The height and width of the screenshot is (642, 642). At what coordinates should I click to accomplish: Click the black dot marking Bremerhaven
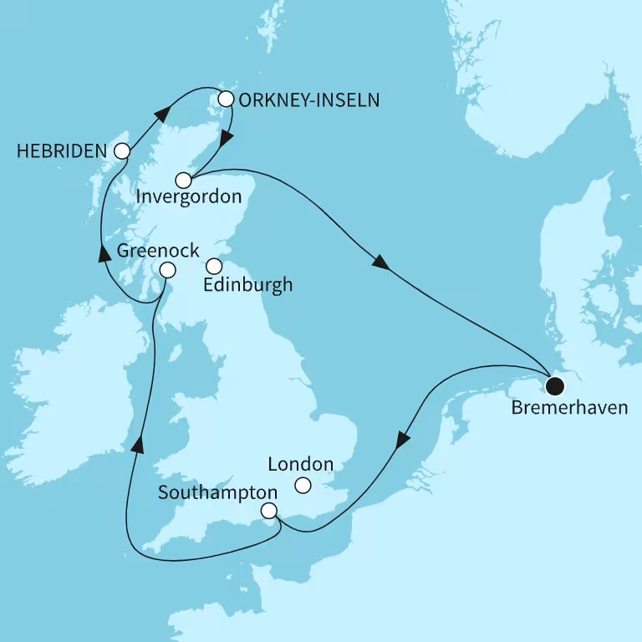554,386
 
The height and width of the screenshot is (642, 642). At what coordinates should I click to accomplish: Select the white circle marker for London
303,485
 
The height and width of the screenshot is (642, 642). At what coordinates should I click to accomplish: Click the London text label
300,464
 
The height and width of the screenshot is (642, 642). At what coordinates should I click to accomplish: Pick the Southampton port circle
268,511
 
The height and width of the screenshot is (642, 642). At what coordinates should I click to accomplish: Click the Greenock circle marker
167,270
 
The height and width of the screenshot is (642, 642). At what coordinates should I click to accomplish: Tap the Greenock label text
158,249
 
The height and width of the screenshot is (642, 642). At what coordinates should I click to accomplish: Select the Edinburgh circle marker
214,267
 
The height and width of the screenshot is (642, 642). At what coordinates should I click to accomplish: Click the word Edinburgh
248,285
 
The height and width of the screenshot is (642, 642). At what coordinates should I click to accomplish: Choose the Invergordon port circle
184,180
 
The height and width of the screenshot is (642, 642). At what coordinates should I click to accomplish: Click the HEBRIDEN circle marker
122,151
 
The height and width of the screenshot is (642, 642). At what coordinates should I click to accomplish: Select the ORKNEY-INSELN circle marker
225,99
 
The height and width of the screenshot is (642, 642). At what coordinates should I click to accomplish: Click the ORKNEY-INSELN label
309,100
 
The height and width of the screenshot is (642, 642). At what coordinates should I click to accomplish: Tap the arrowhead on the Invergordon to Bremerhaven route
380,262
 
